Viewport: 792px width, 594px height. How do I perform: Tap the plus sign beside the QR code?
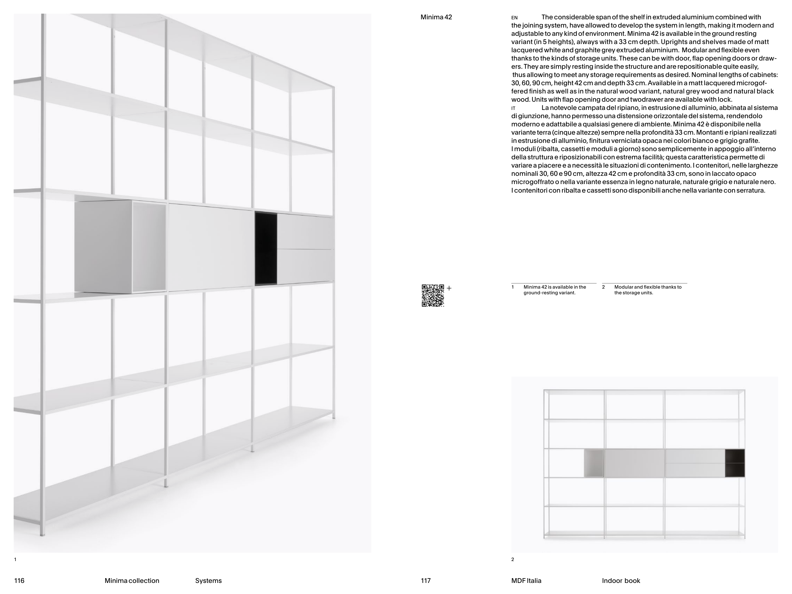coord(449,288)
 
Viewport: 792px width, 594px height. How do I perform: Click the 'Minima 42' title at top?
coord(436,17)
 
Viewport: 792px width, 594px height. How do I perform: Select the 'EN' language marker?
coord(514,17)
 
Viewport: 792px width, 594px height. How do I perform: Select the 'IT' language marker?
coord(514,108)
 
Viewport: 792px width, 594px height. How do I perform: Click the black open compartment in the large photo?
coord(266,249)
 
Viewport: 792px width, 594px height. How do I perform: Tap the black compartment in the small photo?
coord(735,463)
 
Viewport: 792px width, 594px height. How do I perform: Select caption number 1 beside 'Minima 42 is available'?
coord(513,287)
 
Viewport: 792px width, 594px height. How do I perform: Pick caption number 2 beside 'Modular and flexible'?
coord(603,287)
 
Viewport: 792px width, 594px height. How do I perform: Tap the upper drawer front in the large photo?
coord(305,232)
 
